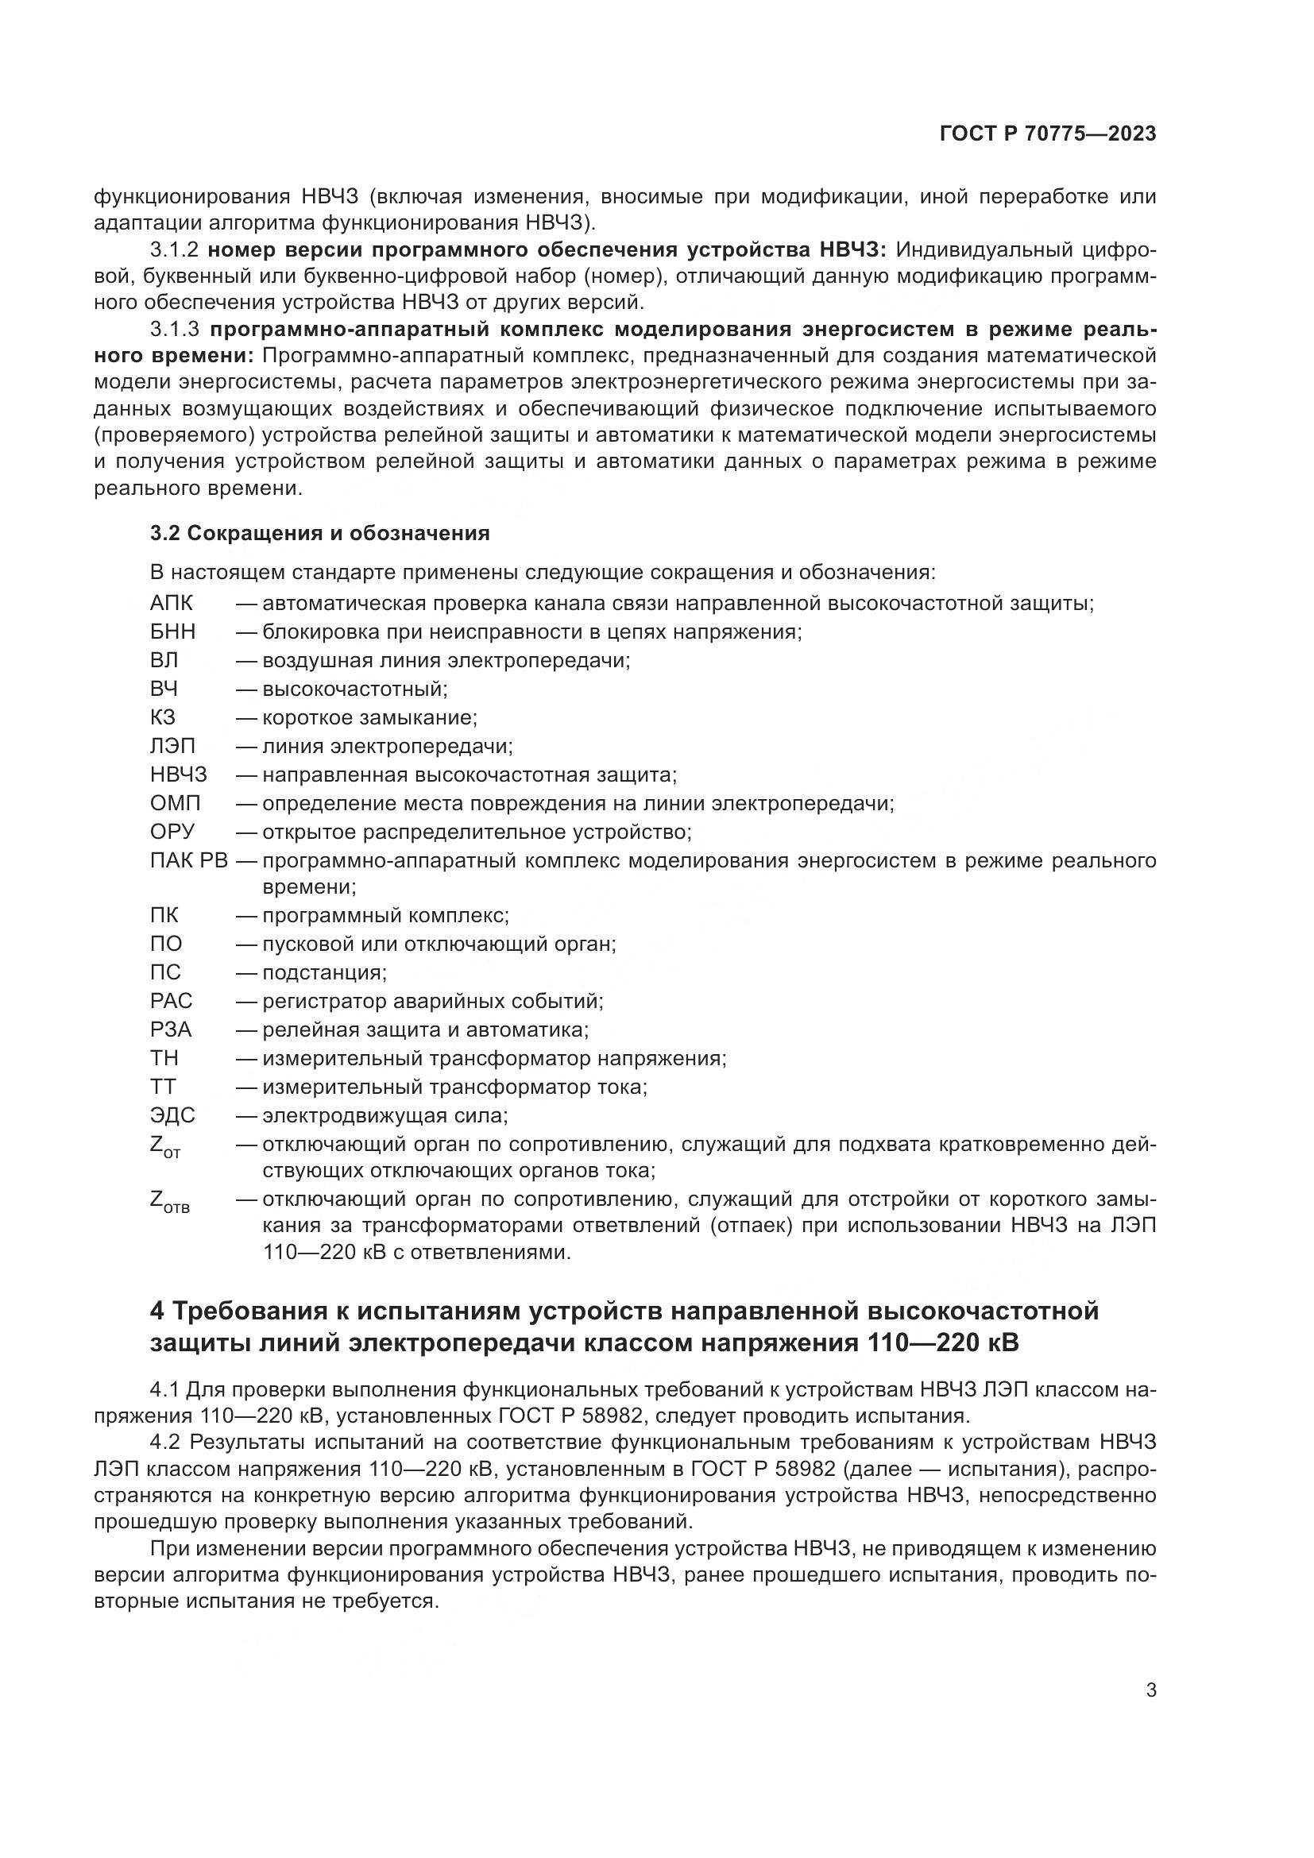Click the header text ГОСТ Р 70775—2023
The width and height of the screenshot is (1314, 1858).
(x=1048, y=134)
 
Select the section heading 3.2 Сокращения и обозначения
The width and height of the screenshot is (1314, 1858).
(x=319, y=533)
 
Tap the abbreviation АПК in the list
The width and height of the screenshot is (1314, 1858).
(x=172, y=604)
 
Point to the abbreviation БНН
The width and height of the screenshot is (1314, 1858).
(x=172, y=632)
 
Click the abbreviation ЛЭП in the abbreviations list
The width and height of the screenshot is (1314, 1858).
(x=172, y=746)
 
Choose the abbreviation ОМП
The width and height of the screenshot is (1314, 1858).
(x=175, y=804)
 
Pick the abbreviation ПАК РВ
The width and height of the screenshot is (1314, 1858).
(x=189, y=860)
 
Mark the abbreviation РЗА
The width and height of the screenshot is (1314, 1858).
(x=171, y=1030)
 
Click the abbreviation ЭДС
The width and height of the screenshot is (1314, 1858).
(x=172, y=1116)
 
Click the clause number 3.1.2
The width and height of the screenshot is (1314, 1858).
(x=174, y=250)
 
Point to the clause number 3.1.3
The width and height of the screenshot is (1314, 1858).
(x=174, y=330)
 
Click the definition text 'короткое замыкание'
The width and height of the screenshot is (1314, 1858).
(x=369, y=718)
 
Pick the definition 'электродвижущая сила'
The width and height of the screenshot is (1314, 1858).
(x=385, y=1116)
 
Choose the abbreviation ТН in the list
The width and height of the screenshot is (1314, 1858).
(x=164, y=1058)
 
